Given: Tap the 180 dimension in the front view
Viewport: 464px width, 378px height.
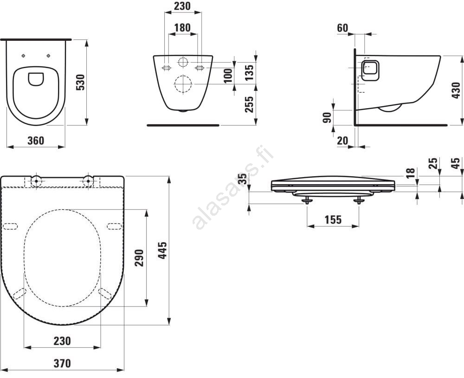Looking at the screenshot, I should coord(182,28).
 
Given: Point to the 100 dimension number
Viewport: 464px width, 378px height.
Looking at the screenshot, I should coord(228,75).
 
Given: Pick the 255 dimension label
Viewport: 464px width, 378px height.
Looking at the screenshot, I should coord(249,105).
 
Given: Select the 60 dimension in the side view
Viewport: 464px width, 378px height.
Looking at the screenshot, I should coord(342,28).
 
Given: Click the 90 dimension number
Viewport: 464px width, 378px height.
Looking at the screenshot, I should coord(327,117).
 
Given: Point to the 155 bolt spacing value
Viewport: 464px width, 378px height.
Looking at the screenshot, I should coord(332,220).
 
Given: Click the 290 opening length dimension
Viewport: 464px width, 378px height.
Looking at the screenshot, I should coord(139,258).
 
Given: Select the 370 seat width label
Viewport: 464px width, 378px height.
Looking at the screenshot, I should coord(62,363).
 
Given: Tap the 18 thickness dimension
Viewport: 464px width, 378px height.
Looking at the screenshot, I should coord(410,173).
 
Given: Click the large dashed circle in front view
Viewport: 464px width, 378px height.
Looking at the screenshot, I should coord(183,84).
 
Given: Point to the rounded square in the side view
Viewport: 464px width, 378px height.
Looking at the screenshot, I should coord(370,70).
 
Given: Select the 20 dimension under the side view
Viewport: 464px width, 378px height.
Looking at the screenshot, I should coord(342,140).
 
